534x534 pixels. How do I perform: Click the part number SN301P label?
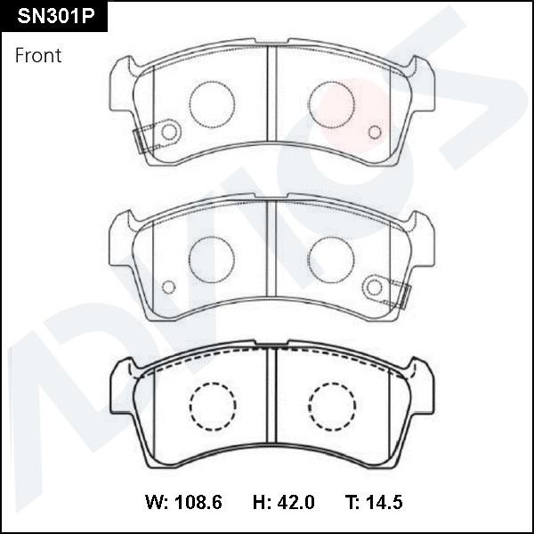53,17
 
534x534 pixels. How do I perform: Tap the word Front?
38,55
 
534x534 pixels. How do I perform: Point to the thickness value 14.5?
382,503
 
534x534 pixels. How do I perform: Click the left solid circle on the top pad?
212,103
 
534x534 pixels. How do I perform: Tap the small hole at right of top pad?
374,133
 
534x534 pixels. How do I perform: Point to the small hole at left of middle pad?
168,287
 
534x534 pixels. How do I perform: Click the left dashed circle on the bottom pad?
212,406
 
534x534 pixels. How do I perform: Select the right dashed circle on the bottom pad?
332,406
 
